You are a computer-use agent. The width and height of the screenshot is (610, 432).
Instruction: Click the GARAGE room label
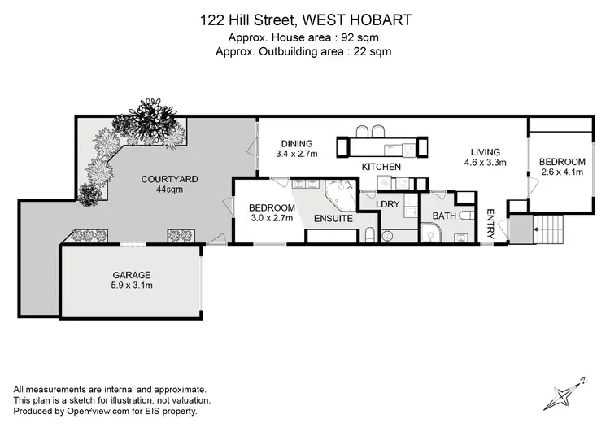132,275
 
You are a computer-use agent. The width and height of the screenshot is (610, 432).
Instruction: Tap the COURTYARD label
170,179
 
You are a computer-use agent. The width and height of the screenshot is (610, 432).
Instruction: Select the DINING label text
297,143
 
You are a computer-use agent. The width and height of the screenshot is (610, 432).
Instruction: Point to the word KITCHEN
381,167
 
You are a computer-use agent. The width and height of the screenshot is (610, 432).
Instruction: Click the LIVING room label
486,152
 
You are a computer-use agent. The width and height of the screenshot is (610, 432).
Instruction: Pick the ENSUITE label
333,219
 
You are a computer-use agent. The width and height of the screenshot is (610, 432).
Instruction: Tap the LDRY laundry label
386,203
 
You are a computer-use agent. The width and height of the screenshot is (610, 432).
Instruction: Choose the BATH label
443,216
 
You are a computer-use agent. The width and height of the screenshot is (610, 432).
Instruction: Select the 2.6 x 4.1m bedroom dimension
563,172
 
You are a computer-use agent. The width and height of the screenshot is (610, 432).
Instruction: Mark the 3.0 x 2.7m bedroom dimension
270,218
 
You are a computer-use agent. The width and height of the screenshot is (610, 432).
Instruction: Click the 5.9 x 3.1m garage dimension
132,286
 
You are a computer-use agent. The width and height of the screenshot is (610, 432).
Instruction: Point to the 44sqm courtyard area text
170,190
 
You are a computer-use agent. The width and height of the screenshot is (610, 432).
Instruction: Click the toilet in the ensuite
370,236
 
